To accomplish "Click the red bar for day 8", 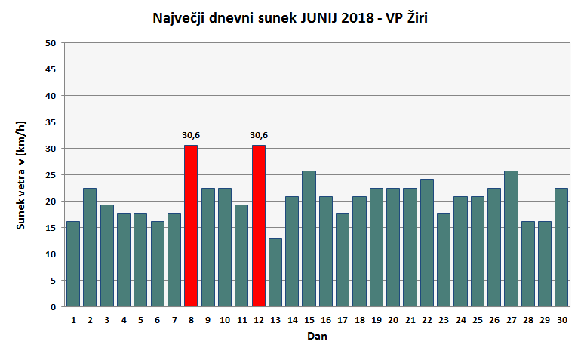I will click(x=191, y=226).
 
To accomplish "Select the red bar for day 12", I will click(x=259, y=226).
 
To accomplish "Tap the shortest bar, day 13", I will click(x=275, y=272).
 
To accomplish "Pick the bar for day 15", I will click(x=309, y=238).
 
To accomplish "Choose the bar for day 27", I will click(x=511, y=238).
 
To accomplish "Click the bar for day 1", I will click(x=73, y=263).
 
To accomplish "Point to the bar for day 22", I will click(x=426, y=242).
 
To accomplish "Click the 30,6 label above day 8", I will click(x=191, y=135).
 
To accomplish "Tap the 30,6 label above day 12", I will click(x=259, y=135).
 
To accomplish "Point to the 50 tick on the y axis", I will click(x=51, y=43).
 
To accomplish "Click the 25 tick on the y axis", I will click(x=51, y=175).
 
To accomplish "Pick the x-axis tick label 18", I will click(x=359, y=319).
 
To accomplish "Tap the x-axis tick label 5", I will click(x=140, y=319).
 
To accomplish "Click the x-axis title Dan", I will click(x=317, y=337).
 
